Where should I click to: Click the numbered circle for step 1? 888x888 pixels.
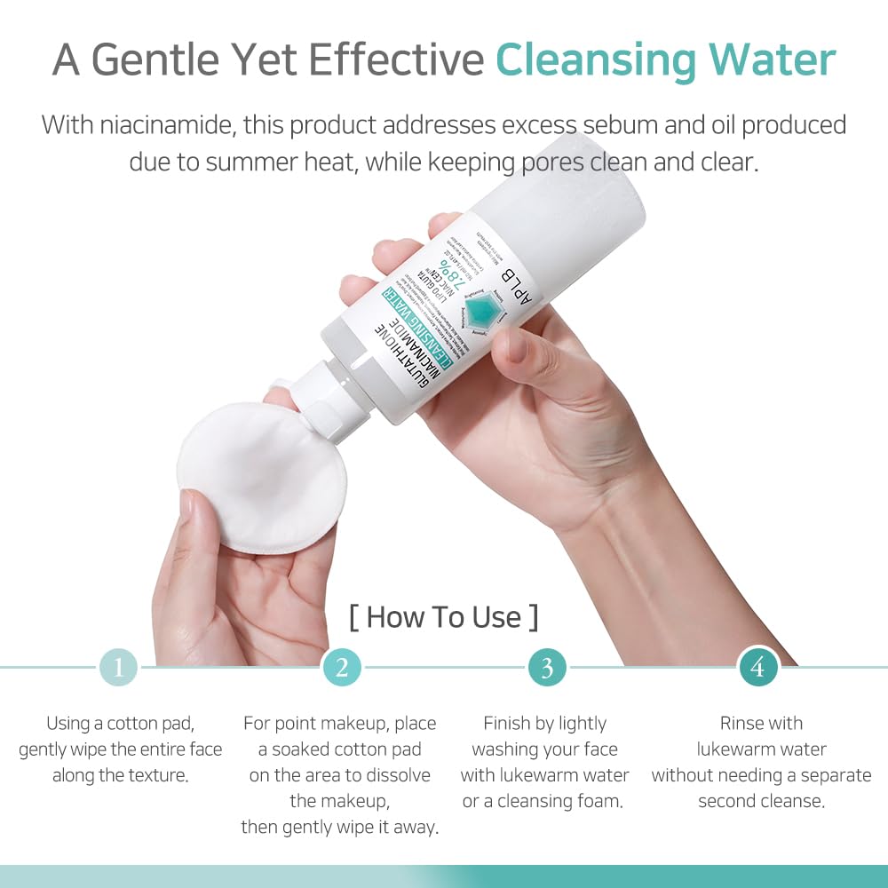(x=118, y=667)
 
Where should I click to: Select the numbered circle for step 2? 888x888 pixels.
(x=342, y=667)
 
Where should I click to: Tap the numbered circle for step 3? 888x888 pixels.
(x=547, y=667)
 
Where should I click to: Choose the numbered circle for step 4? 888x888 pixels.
(x=757, y=667)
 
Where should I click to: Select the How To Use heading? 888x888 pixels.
(x=443, y=616)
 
